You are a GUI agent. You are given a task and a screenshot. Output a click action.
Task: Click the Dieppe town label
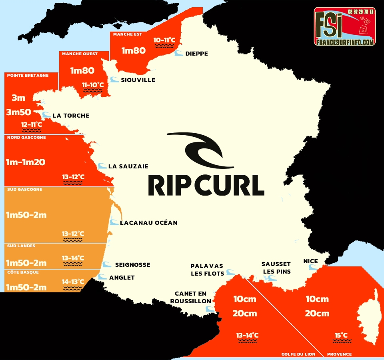click(196, 54)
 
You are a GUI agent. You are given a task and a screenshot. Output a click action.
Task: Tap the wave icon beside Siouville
click(114, 80)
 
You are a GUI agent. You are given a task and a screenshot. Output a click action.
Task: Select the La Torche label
click(71, 116)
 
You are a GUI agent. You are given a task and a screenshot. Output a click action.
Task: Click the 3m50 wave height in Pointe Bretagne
click(18, 112)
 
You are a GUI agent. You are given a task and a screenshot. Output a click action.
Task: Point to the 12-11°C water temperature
click(32, 125)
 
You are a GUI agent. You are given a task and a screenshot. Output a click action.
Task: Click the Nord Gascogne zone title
click(26, 138)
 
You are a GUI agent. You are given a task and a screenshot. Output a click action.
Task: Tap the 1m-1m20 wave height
click(26, 162)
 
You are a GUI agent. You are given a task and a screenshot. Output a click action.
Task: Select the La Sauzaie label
click(128, 166)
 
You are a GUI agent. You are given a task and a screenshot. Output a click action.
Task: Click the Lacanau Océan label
click(148, 223)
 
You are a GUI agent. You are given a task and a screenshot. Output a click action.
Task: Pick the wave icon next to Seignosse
click(106, 264)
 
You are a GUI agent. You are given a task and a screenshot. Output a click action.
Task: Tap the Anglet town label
click(122, 278)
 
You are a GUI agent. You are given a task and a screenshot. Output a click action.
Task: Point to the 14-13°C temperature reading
click(73, 282)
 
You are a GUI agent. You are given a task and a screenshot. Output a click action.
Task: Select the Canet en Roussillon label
click(190, 297)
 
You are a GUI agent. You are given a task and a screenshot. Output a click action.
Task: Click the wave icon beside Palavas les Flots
click(230, 272)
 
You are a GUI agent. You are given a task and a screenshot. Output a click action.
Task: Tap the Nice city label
click(310, 261)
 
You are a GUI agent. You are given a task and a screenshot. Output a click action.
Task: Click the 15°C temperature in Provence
click(341, 336)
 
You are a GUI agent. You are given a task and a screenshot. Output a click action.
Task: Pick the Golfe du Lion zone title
click(298, 354)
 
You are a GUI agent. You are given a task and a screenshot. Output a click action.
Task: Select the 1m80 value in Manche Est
click(134, 51)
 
